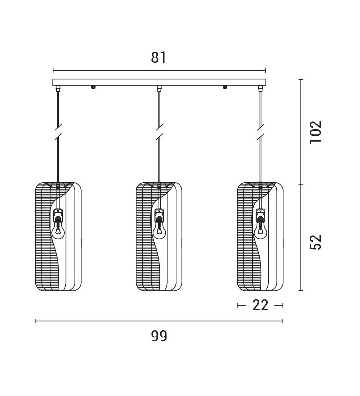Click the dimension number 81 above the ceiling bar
[x=158, y=57]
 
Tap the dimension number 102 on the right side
[x=316, y=132]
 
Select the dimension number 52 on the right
[x=316, y=242]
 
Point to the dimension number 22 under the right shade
[x=260, y=305]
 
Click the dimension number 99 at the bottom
[x=159, y=336]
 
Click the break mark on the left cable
[x=58, y=132]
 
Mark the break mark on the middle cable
[x=159, y=132]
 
